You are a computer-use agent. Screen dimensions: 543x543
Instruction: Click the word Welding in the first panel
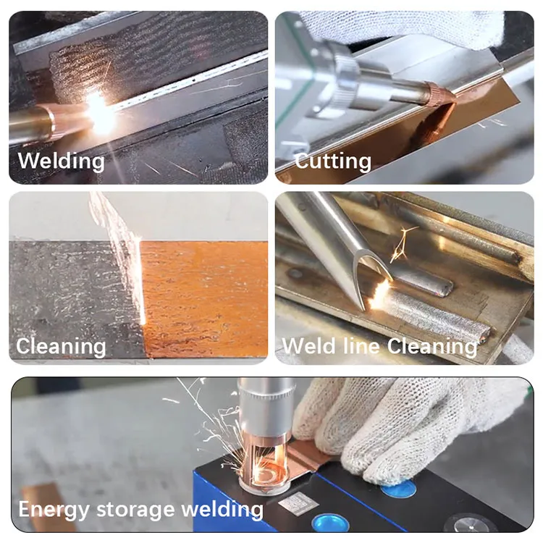tap(62, 161)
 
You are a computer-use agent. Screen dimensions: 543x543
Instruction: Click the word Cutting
tap(333, 161)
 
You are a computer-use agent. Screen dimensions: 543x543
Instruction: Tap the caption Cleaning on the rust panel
tap(61, 346)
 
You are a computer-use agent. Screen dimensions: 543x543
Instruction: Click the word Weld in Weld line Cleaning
tap(309, 345)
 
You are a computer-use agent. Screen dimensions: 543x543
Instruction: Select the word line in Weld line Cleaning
tap(361, 345)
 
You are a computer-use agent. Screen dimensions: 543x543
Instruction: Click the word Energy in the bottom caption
tap(54, 510)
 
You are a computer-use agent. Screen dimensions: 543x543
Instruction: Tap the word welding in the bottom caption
tap(222, 509)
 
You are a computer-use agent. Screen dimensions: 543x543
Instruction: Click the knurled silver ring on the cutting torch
tap(345, 77)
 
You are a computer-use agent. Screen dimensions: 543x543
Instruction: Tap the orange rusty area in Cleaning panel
tap(204, 300)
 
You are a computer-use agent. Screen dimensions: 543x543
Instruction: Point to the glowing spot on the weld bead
tap(379, 295)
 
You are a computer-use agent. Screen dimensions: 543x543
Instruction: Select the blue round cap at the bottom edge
tap(330, 523)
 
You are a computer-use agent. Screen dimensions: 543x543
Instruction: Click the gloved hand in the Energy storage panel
tap(398, 426)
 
